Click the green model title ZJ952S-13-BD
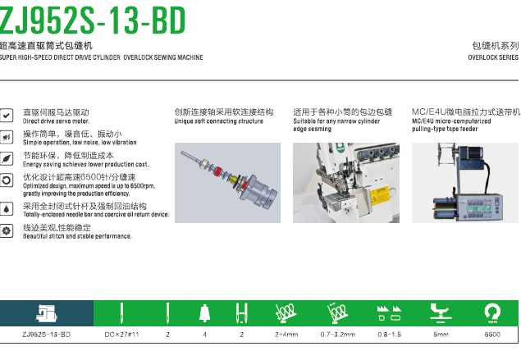(93, 21)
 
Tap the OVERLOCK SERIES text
(493, 57)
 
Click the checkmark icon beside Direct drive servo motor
(7, 116)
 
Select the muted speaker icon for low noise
(7, 137)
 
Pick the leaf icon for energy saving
(7, 159)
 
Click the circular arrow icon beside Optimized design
(7, 180)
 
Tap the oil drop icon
(7, 209)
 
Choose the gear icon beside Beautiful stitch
(7, 230)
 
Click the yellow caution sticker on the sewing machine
(379, 195)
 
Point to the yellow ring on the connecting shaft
(235, 180)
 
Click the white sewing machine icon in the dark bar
(47, 313)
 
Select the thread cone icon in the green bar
(204, 313)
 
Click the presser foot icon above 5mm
(441, 313)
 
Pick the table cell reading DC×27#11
(121, 335)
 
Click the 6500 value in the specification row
(492, 335)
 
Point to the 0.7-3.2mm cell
(337, 335)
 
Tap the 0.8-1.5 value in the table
(389, 335)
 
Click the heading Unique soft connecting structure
(218, 121)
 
